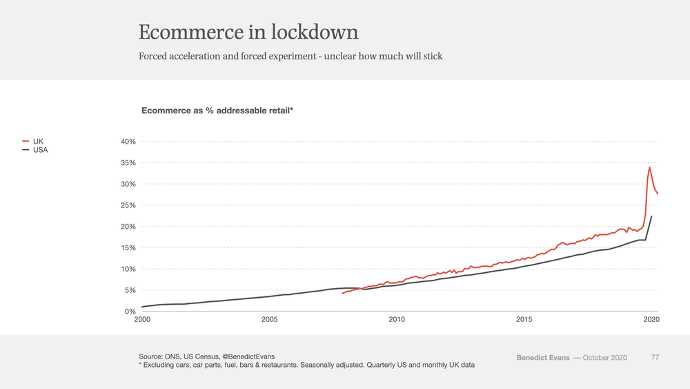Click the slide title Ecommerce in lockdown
248,32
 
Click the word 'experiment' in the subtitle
292,57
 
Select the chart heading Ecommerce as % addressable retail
217,111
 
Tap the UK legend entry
33,142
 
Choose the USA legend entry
35,150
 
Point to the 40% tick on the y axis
128,142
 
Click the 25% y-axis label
128,205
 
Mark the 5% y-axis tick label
130,290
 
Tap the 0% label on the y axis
130,312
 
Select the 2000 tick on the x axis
142,319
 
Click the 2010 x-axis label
397,319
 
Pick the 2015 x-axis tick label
524,319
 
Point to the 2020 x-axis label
651,319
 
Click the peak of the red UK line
649,167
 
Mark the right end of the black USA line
652,216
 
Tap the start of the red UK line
342,294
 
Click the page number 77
655,358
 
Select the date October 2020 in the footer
605,358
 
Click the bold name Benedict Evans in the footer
543,358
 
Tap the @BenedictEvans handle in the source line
248,357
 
